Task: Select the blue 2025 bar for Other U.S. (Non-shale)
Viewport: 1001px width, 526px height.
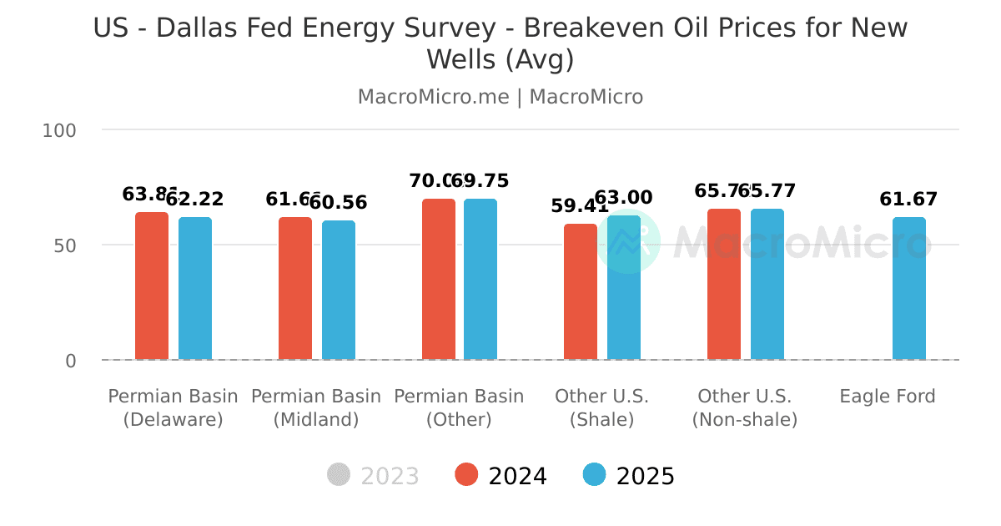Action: (x=767, y=285)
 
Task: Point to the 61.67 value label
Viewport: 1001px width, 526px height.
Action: (x=908, y=200)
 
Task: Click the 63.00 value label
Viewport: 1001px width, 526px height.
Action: (x=624, y=198)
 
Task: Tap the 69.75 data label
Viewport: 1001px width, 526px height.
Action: (x=482, y=181)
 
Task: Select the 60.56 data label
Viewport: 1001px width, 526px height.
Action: (x=339, y=202)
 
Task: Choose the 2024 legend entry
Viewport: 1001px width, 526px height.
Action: (x=500, y=476)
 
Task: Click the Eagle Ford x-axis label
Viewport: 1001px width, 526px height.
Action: (x=888, y=396)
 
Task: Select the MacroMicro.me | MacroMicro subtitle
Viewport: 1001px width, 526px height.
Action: (x=500, y=97)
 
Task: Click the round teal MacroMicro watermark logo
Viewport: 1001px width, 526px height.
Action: (x=628, y=242)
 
